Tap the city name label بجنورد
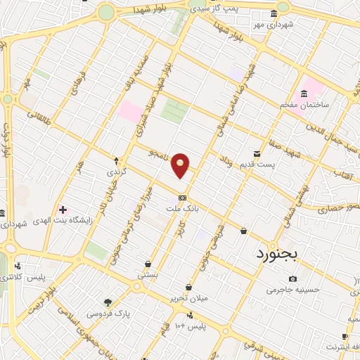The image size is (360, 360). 277,255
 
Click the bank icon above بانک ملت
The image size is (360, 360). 182,198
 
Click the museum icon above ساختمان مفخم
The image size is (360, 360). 304,94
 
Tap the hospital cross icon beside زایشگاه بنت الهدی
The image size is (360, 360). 63,210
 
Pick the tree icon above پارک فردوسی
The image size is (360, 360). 107,303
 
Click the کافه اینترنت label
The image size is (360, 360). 342,347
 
